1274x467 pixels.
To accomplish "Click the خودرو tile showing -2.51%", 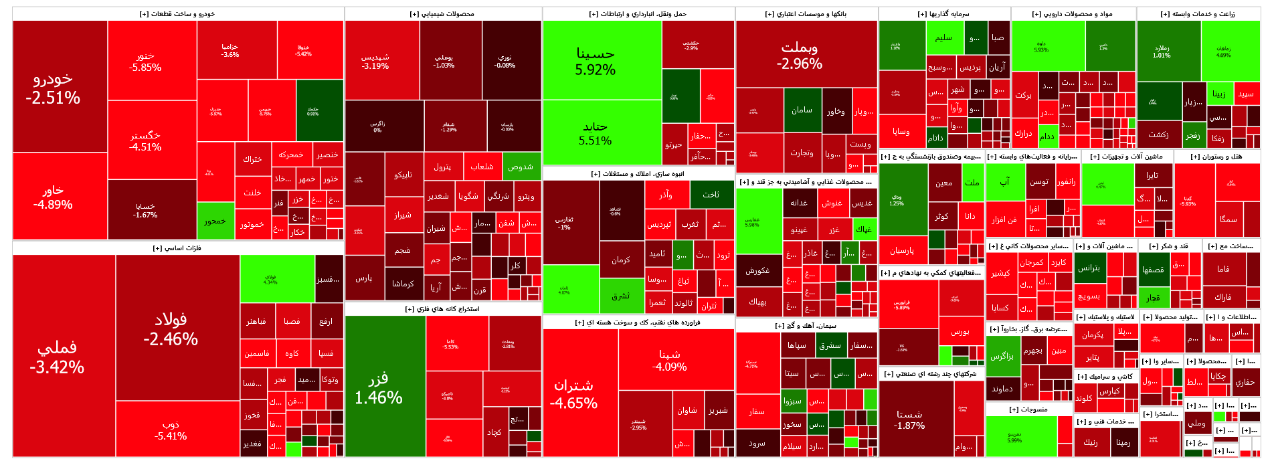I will [x=59, y=87].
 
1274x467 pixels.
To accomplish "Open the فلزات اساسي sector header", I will [x=177, y=248].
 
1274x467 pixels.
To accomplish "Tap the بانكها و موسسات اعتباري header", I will [x=806, y=14].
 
